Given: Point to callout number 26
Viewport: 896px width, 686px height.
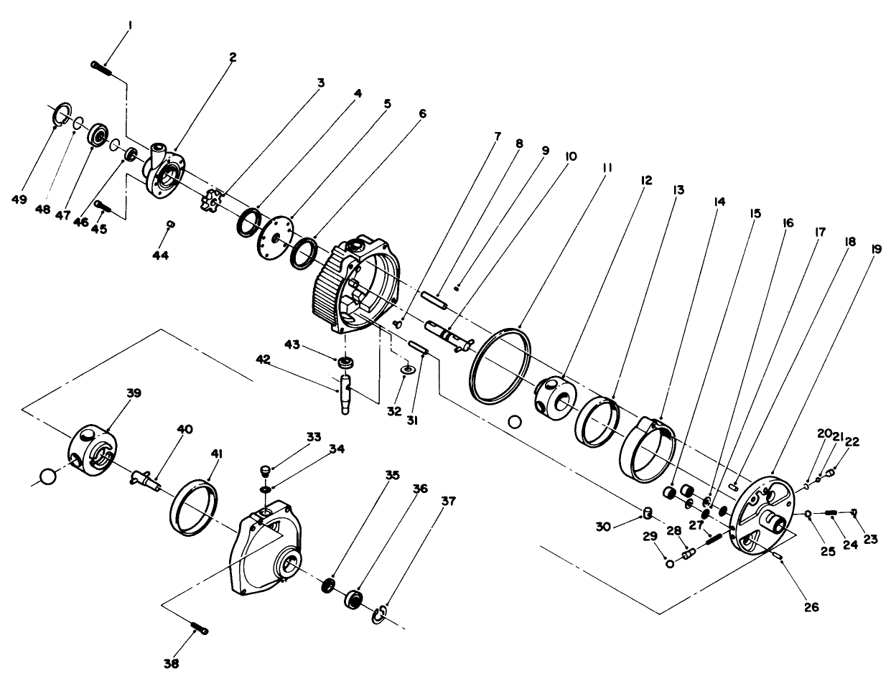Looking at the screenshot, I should click(810, 607).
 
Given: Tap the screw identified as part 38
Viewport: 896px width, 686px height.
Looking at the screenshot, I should click(200, 629).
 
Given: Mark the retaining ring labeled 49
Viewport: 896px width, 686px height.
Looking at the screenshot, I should click(61, 112).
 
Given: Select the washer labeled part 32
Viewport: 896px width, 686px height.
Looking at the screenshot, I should click(408, 369).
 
